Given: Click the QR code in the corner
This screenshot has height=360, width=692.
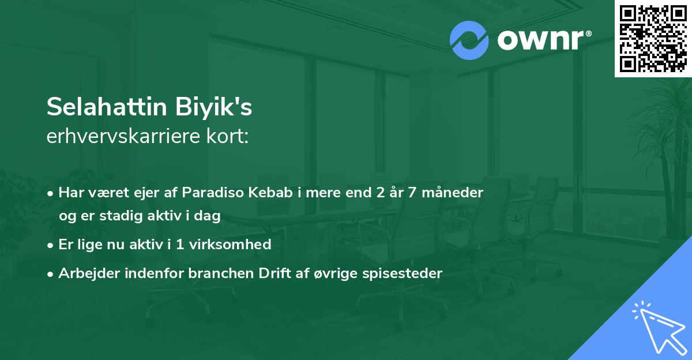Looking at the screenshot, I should pyautogui.click(x=653, y=38).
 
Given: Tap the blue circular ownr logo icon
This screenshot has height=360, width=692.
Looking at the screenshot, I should pyautogui.click(x=469, y=40).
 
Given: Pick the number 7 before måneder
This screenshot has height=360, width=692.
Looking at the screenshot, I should pyautogui.click(x=412, y=193).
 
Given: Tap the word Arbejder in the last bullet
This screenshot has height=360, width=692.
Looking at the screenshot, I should pyautogui.click(x=84, y=273).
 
